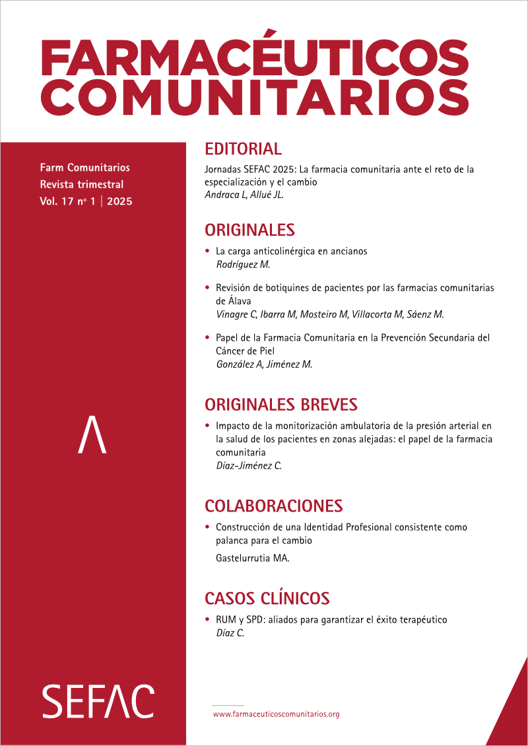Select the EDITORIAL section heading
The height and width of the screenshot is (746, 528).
tap(243, 149)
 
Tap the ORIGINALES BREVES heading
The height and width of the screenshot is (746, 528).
tap(280, 404)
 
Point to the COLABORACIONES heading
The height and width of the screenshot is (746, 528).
tap(273, 506)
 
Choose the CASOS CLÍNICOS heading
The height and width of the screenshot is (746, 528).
tap(267, 599)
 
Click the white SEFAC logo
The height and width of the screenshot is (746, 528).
tap(98, 701)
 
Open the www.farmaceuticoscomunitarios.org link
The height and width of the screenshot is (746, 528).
tap(276, 714)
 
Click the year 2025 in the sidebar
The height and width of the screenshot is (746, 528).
tap(119, 202)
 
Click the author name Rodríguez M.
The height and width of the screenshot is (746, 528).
tap(244, 264)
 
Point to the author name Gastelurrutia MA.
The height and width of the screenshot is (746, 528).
tap(253, 559)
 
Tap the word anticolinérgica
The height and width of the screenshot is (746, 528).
tap(277, 252)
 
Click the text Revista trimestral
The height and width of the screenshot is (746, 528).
tap(81, 184)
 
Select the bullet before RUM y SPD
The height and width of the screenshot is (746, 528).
tap(208, 620)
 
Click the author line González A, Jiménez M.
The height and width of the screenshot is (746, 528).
tap(264, 363)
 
